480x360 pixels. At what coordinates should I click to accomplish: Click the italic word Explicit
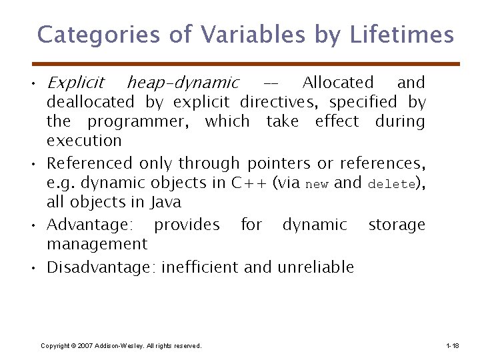(75, 83)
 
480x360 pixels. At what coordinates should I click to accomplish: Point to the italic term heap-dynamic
(183, 83)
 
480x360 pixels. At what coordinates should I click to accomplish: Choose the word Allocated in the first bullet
(338, 83)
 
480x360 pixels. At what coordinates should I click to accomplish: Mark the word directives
(285, 102)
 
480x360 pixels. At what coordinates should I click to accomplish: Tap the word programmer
(139, 121)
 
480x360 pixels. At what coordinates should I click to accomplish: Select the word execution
(84, 141)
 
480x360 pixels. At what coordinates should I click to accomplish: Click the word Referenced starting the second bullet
(90, 163)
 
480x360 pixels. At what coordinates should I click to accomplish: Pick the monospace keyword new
(316, 184)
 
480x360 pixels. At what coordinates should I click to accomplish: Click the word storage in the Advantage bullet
(397, 225)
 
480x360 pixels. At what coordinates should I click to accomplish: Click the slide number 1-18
(452, 345)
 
